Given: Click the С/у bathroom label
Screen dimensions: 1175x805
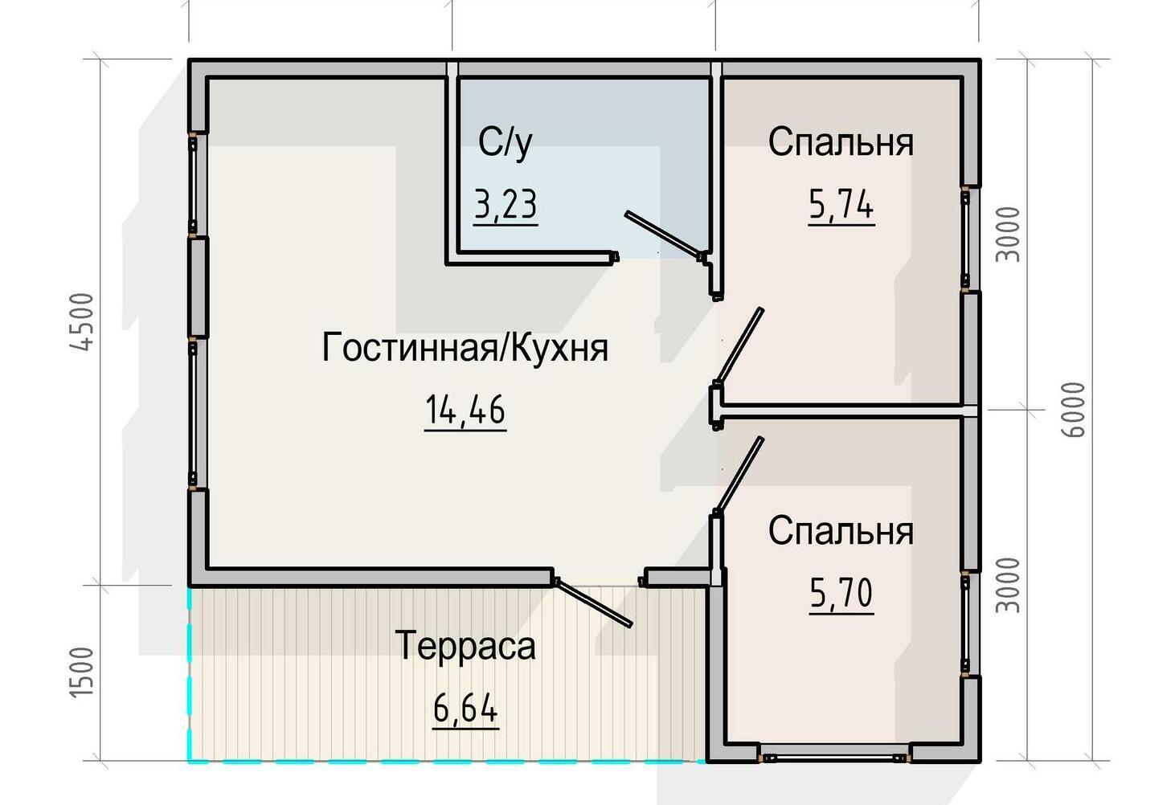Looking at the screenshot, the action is (506, 143).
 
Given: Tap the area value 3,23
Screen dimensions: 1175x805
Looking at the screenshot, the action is (506, 205).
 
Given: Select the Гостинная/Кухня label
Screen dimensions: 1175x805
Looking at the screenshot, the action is (465, 347).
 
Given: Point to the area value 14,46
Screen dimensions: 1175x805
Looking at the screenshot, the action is (465, 410).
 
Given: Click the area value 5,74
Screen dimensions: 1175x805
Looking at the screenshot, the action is (841, 205).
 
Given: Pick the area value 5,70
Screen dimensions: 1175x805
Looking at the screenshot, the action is (841, 593).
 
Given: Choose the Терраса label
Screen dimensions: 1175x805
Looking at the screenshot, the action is (465, 646).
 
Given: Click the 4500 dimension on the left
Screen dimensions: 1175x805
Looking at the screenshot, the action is (82, 321).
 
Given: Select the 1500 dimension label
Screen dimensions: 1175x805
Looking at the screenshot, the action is (82, 672).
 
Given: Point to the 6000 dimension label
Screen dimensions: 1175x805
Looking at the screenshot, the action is (1072, 410).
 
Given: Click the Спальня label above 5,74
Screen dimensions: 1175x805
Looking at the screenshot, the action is (841, 142).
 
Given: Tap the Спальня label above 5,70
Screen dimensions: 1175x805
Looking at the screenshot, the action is (841, 531).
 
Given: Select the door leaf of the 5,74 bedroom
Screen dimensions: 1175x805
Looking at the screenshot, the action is (739, 345).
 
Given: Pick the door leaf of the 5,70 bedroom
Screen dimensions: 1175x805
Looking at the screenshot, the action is (739, 474).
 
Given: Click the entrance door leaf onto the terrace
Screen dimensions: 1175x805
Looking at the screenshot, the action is (593, 603).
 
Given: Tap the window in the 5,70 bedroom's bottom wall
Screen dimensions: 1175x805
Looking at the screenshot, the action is (836, 758).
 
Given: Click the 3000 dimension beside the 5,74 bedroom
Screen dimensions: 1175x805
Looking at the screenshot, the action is (1008, 235).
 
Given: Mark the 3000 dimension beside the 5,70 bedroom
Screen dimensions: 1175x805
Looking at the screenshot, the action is (1008, 585).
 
